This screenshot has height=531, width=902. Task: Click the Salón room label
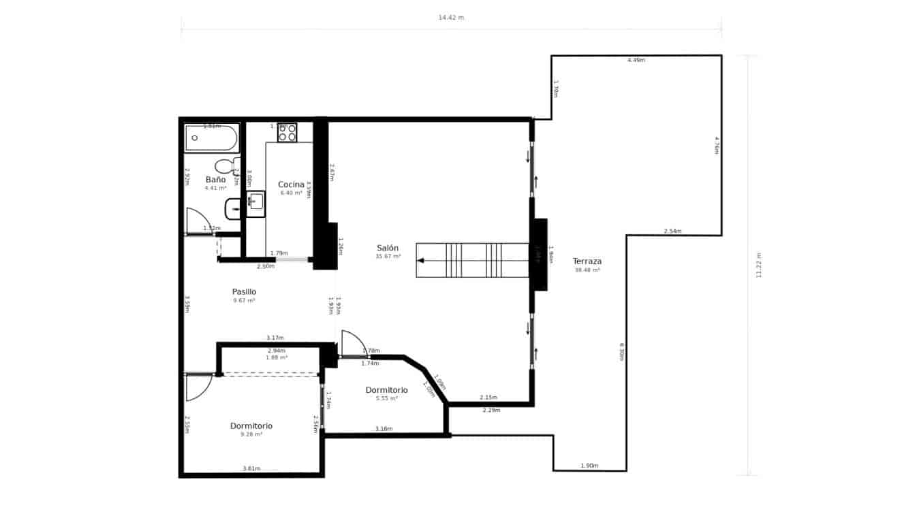point(388,248)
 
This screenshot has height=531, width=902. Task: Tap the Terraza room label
point(587,261)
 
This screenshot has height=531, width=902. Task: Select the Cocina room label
point(290,184)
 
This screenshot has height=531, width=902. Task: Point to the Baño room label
point(215,180)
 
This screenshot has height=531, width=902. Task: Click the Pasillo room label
point(244,291)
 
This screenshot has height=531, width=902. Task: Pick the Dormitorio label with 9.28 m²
point(251,425)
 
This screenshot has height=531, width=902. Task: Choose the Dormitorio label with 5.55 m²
point(386,390)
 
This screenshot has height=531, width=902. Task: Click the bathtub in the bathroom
point(211,138)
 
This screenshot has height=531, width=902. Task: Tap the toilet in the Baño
point(225,166)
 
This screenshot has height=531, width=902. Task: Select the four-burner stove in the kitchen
point(287,132)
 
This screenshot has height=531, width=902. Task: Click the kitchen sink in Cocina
point(256,202)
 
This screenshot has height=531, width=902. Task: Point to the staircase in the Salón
point(473,260)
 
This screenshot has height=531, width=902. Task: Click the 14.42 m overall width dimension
point(451,18)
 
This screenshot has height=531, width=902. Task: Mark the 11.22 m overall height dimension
point(759,265)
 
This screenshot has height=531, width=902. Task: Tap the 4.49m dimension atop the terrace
point(636,60)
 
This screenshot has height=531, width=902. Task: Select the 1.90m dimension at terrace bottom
point(589,466)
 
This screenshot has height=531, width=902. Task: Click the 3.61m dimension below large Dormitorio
point(251,468)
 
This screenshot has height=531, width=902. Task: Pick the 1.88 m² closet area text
point(277,357)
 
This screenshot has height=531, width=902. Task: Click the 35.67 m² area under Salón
point(388,257)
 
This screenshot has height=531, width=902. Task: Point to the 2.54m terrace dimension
point(672,231)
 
